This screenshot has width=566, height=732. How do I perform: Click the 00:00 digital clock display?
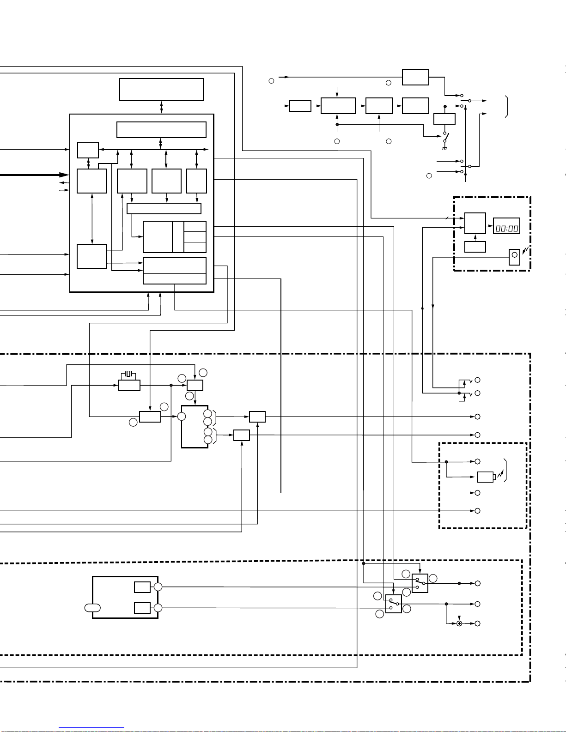point(506,226)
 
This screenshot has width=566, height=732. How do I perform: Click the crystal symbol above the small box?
point(128,374)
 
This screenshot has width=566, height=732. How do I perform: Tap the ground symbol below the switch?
point(444,149)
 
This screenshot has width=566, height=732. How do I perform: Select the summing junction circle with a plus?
point(459,624)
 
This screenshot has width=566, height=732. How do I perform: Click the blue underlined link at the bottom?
point(91,728)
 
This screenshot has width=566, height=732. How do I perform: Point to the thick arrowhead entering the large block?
point(64,175)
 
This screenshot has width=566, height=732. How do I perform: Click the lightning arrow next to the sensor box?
point(525,250)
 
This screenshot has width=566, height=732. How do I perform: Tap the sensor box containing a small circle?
point(514,257)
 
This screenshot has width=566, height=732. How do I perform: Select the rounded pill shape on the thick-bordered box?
point(92,608)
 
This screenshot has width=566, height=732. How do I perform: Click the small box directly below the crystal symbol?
point(129,385)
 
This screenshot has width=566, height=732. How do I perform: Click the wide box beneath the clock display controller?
point(475,247)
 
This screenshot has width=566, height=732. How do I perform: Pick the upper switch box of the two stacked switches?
point(420,583)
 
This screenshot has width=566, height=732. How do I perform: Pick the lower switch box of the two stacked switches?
point(394,604)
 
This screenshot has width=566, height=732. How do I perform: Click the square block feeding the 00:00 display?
point(475,223)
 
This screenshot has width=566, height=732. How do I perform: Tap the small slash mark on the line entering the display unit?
point(447,218)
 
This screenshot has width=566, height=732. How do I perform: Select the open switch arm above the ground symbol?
point(445,137)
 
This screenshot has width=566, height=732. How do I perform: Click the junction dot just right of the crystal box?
point(171,385)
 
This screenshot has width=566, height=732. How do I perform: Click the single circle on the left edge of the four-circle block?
point(182,417)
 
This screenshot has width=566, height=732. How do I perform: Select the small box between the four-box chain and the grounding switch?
point(444,119)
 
